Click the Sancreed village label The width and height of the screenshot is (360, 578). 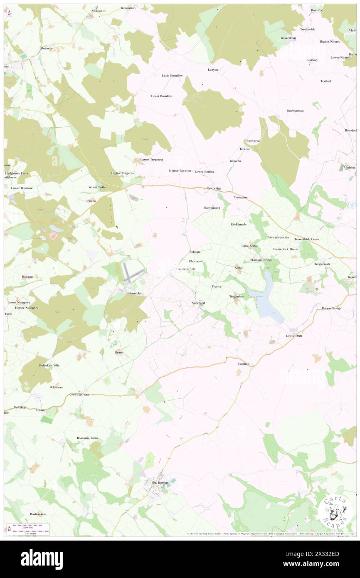coord(198,303)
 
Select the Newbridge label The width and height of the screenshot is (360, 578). coord(214,188)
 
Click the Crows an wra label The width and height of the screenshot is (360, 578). coord(80,395)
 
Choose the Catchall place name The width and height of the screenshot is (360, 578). coord(244,364)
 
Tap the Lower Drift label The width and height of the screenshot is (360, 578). coord(293,336)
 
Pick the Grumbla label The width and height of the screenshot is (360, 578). coord(134,293)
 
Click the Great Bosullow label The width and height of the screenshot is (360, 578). coord(162,96)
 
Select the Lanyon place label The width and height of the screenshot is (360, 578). coord(213,69)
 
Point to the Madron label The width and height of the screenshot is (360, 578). coord(348,168)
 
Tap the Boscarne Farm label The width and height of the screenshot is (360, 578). coord(87,438)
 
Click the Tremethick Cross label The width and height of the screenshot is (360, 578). coord(306,240)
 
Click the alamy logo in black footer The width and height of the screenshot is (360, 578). coord(42,559)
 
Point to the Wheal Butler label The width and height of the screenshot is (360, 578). coord(98,187)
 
